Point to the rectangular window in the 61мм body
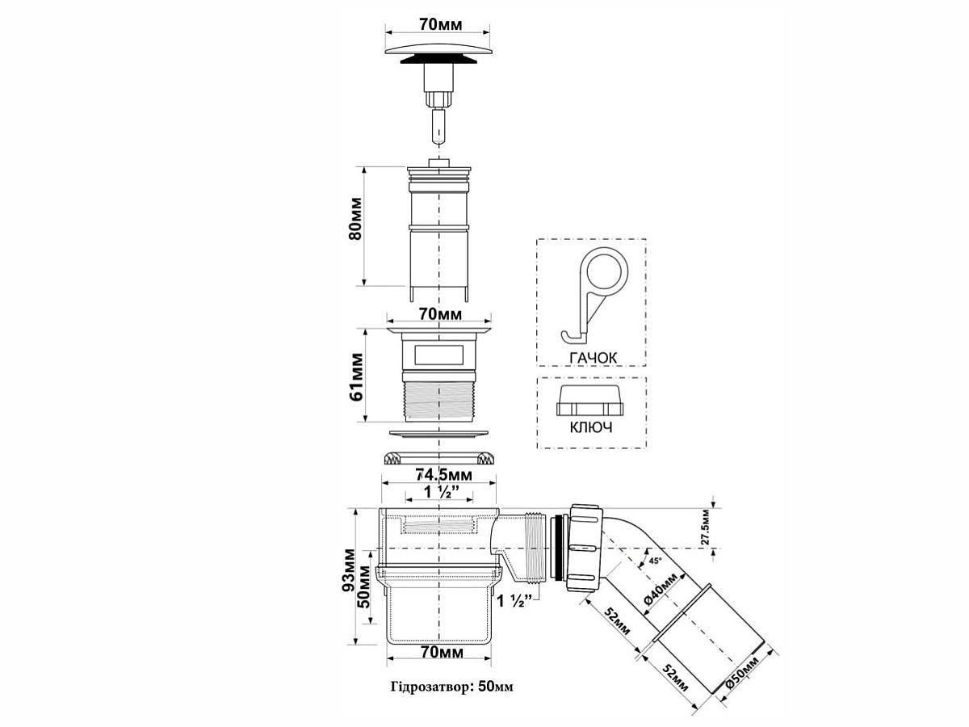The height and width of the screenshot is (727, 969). pyautogui.click(x=438, y=354)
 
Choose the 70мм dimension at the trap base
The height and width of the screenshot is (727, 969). pyautogui.click(x=440, y=651)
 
